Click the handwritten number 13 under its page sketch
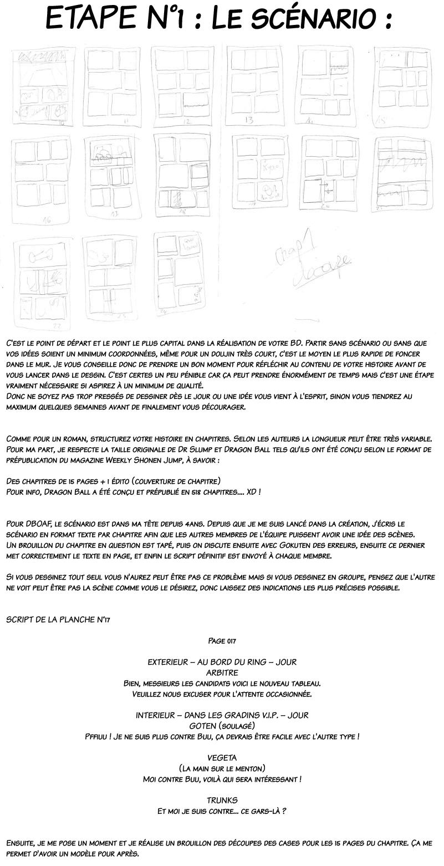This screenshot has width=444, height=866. [249, 120]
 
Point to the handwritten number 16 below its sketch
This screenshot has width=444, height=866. [47, 219]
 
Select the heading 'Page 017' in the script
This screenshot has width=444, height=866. [222, 640]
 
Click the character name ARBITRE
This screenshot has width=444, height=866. [222, 672]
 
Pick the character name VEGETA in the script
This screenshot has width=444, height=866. [222, 757]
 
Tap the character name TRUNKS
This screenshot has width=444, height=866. [222, 800]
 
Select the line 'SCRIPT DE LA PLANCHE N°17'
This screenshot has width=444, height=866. [58, 619]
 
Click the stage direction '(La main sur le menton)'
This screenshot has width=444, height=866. [222, 768]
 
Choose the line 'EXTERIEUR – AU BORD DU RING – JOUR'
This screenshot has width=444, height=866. [222, 662]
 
